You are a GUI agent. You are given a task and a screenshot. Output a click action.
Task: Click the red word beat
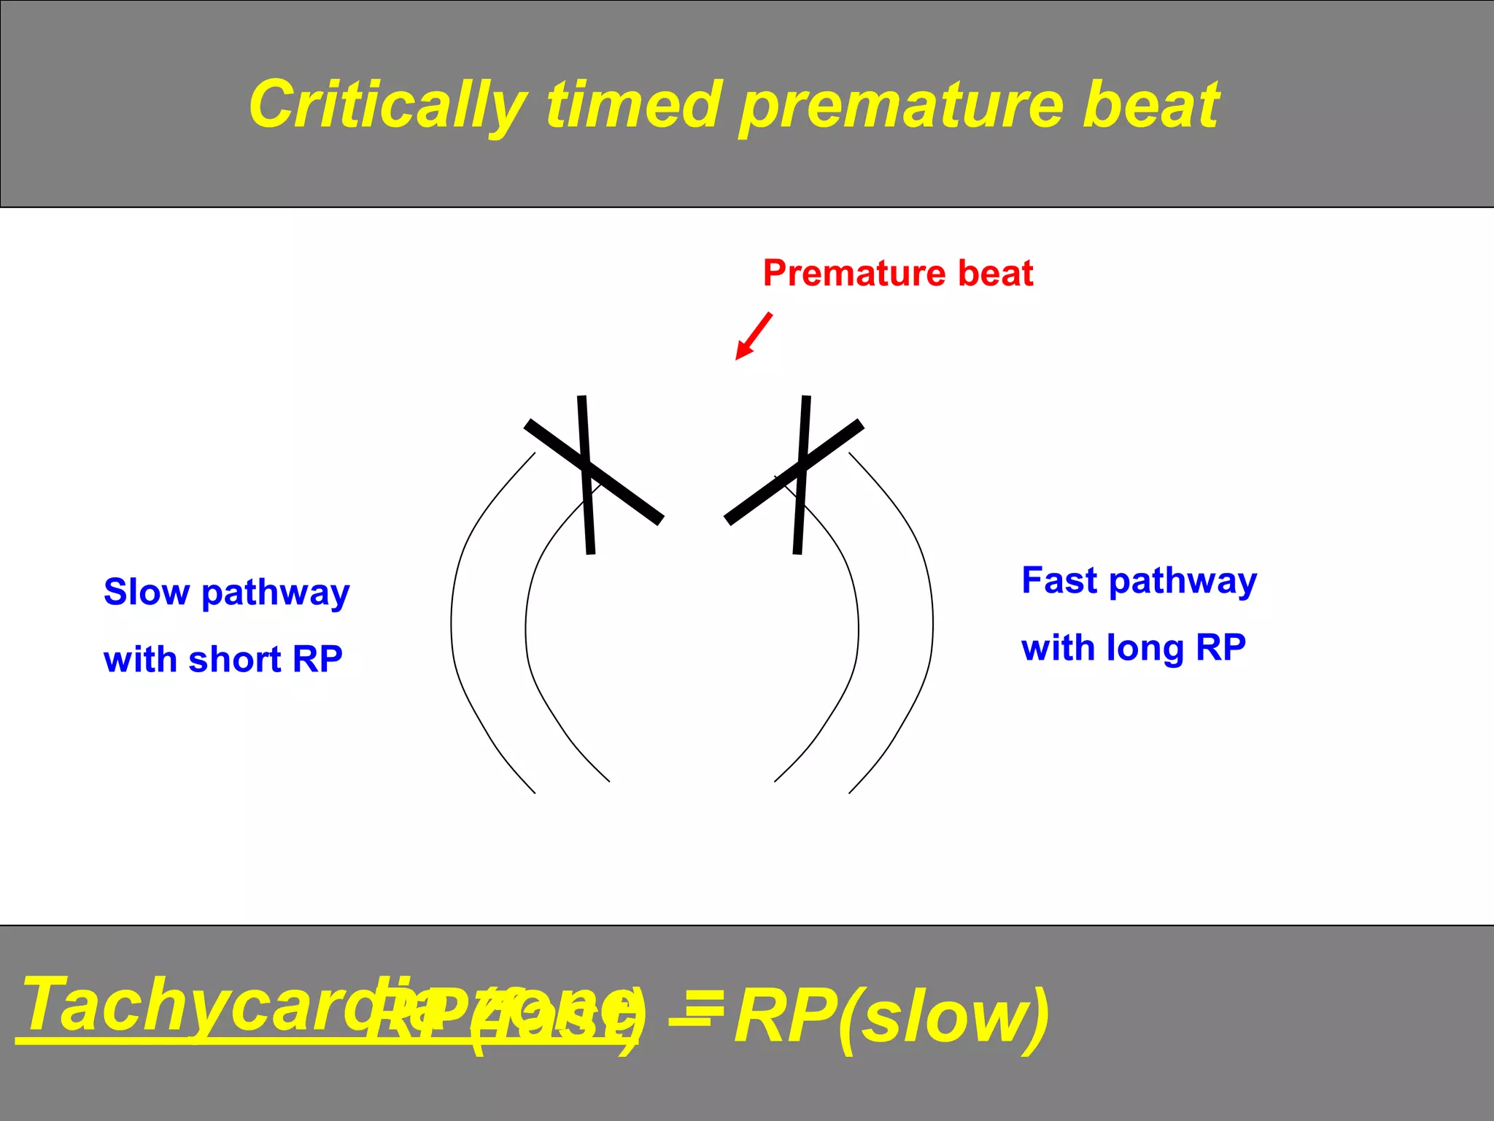point(995,273)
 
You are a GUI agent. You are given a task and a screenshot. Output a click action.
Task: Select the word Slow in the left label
point(147,592)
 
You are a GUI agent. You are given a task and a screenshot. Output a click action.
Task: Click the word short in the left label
point(234,660)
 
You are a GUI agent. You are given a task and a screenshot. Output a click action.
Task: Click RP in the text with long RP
point(1221,648)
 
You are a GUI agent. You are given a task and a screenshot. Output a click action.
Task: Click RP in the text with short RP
point(317,660)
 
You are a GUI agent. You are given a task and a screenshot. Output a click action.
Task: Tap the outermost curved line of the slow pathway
point(452,620)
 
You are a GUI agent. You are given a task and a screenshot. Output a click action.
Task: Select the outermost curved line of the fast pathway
point(932,620)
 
